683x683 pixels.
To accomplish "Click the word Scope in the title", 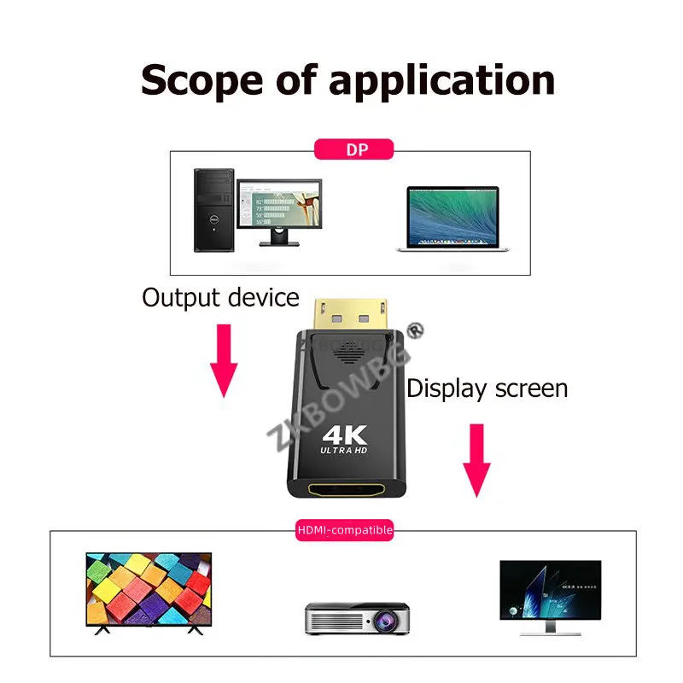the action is tap(199, 79).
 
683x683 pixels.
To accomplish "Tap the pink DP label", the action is tap(354, 150).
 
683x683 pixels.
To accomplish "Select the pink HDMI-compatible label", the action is tap(345, 530).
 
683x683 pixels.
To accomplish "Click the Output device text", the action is tap(220, 298).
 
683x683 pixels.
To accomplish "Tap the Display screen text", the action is tap(487, 388).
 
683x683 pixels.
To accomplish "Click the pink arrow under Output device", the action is tap(224, 359).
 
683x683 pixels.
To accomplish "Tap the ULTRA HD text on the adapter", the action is tap(342, 450).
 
